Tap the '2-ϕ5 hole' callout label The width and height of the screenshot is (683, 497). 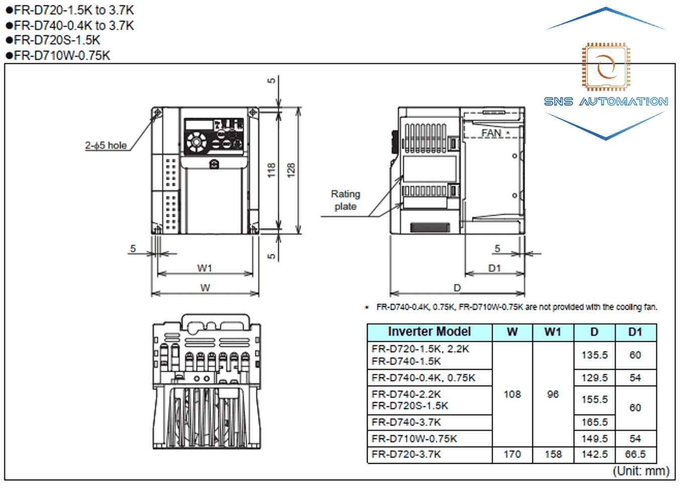coord(106,145)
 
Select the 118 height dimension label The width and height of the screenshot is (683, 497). coord(271,170)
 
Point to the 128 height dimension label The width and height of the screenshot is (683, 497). coord(291,170)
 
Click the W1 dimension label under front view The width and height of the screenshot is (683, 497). coord(205,268)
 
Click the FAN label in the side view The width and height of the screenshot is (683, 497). coord(492,133)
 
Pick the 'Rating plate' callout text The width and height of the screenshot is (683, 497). coord(345,200)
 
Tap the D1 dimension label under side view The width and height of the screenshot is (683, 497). coord(495,268)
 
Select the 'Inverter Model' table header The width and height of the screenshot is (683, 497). coord(429,332)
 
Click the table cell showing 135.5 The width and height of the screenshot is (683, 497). coord(595,355)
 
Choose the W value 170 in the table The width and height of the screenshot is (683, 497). coord(512,454)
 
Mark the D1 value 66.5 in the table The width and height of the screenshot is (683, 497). coord(635,454)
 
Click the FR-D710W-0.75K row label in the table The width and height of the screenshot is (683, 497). coord(414,439)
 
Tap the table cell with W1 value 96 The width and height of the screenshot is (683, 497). coord(553,394)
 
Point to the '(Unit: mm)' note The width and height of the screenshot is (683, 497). coord(641,471)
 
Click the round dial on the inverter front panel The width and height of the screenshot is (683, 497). coord(196,142)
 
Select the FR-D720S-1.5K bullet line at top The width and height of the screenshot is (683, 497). coord(57,40)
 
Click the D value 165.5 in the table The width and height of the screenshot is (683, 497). coord(595,422)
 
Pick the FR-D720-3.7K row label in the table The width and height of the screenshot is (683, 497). coord(406,454)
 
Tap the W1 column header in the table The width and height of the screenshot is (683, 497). coord(553,332)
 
